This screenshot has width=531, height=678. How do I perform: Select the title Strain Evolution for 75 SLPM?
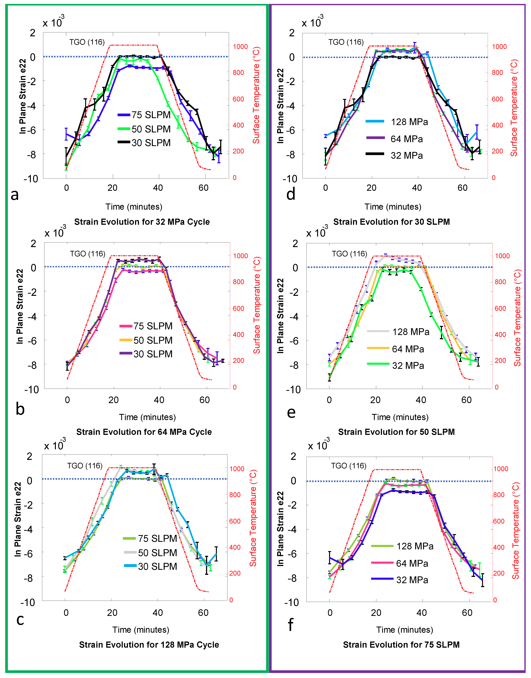(x=401, y=645)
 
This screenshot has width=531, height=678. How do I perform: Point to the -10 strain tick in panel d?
(x=290, y=179)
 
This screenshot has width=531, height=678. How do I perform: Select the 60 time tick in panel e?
(x=466, y=400)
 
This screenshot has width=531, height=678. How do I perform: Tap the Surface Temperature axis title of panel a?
(x=256, y=95)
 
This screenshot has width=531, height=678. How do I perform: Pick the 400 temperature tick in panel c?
(x=235, y=547)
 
